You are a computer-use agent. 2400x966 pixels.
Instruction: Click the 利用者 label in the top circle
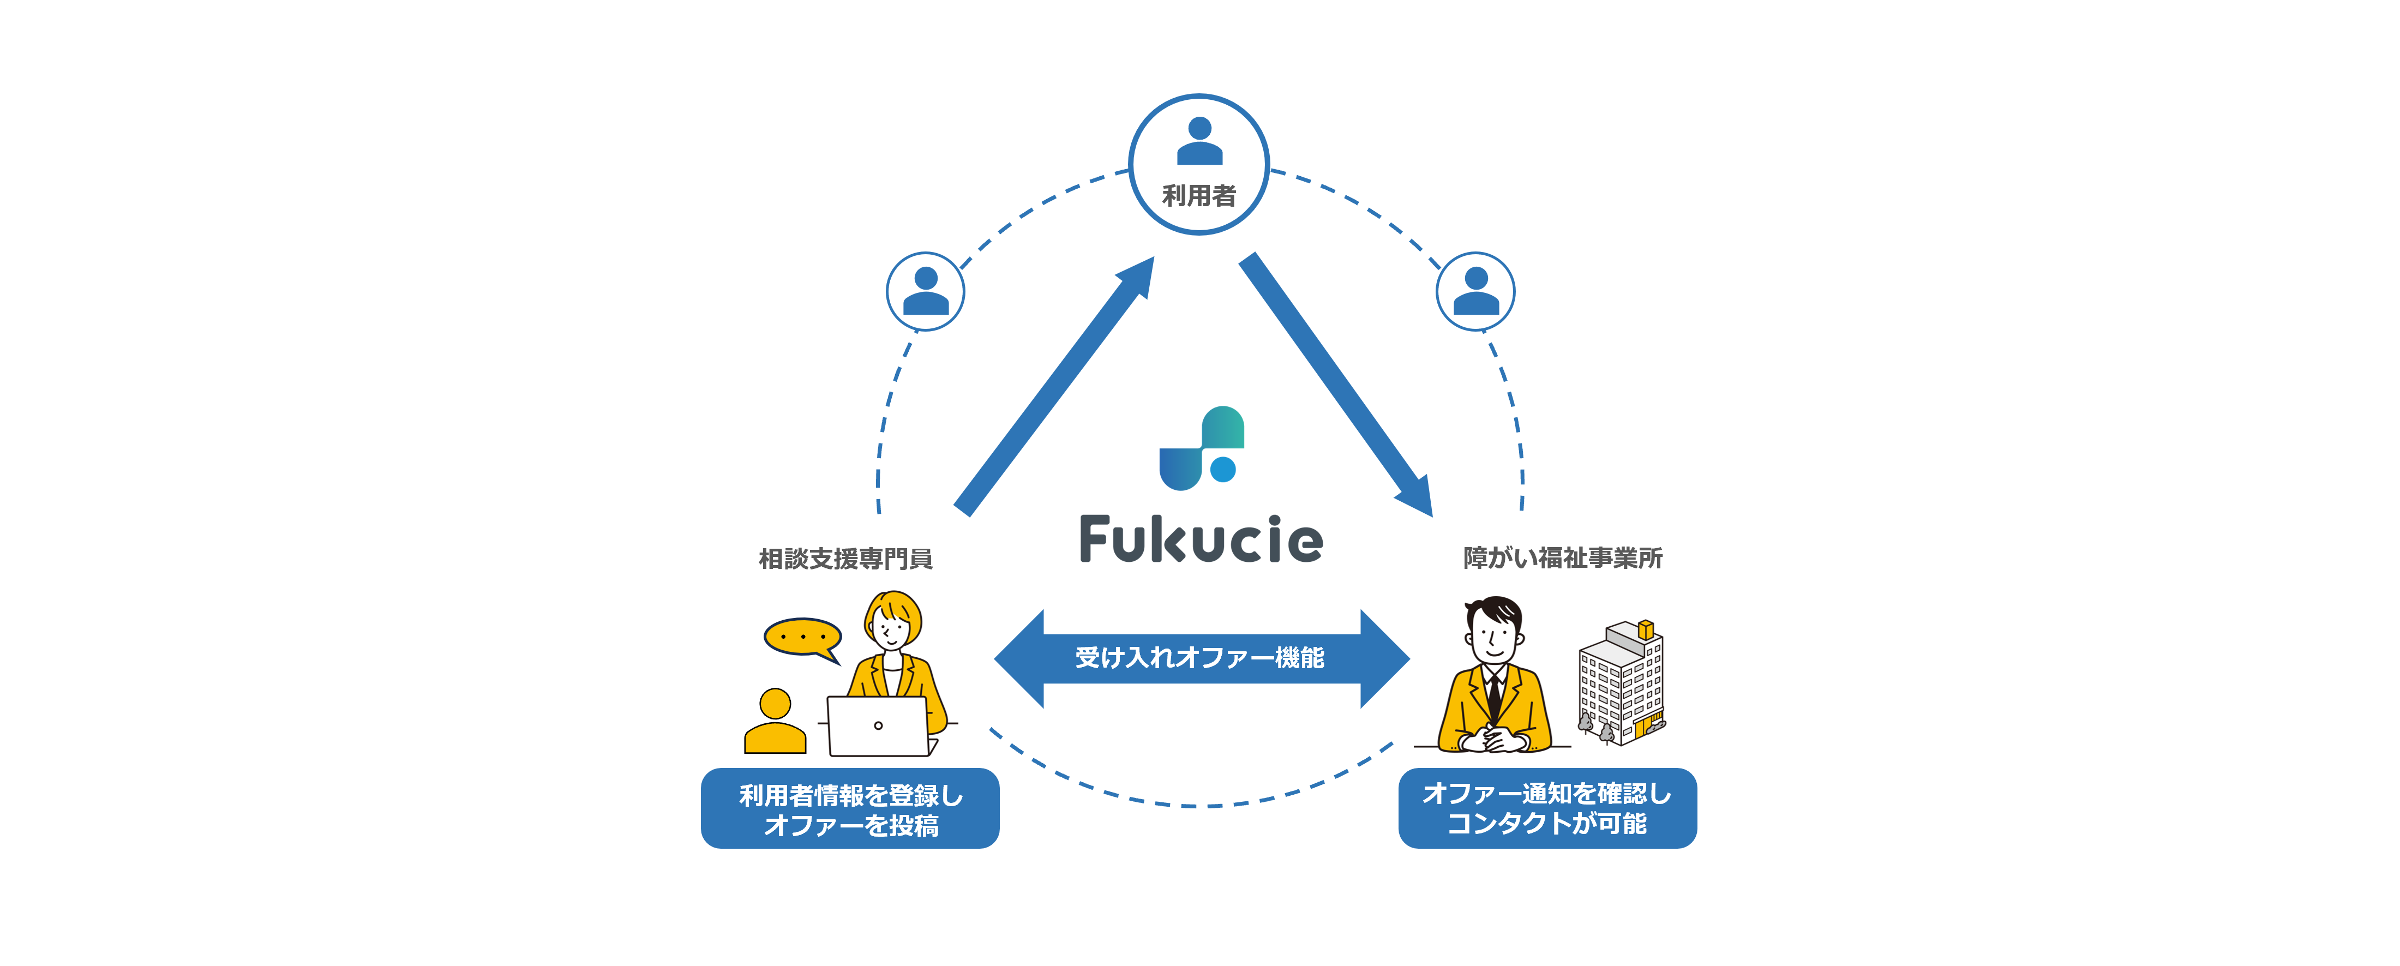pos(1198,196)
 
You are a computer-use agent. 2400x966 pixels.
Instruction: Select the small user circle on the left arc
pos(925,292)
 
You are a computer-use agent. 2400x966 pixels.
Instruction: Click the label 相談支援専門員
pos(845,559)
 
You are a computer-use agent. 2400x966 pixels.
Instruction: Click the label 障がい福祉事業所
pos(1562,558)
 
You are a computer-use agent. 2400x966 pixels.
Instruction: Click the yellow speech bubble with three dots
pos(802,637)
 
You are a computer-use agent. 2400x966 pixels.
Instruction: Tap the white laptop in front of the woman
pos(878,727)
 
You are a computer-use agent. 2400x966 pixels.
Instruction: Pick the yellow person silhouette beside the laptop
pos(774,722)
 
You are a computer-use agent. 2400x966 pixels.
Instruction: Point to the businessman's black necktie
pos(1493,694)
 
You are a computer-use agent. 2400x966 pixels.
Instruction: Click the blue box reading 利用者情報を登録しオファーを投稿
pos(850,808)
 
